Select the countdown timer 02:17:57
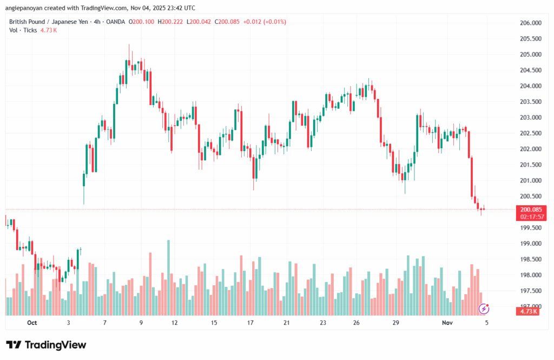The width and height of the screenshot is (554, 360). pos(531,217)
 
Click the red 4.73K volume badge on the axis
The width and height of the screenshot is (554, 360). pos(528,311)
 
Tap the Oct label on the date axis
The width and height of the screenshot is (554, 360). pos(31,323)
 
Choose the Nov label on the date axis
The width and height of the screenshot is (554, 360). pos(447,323)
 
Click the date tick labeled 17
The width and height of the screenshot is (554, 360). pos(250,323)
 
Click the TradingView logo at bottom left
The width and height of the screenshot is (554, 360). pos(46,345)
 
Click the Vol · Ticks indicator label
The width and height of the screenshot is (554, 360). pos(23,30)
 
